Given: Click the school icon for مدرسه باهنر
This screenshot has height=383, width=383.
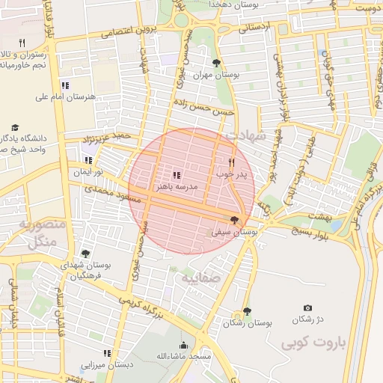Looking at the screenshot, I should [x=177, y=174].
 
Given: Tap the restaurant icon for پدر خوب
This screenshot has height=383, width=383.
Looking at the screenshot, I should [x=231, y=162].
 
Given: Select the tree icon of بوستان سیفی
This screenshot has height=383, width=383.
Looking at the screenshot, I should [x=236, y=220].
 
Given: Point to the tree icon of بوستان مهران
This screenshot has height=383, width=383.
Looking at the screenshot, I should [x=217, y=63].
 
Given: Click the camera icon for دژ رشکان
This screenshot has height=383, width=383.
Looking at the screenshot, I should [x=307, y=307].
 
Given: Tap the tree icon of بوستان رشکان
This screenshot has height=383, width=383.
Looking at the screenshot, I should [x=248, y=311].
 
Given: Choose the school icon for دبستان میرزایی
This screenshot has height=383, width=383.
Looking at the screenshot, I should [x=107, y=352].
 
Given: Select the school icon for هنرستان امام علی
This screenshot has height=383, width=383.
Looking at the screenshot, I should [x=65, y=85].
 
